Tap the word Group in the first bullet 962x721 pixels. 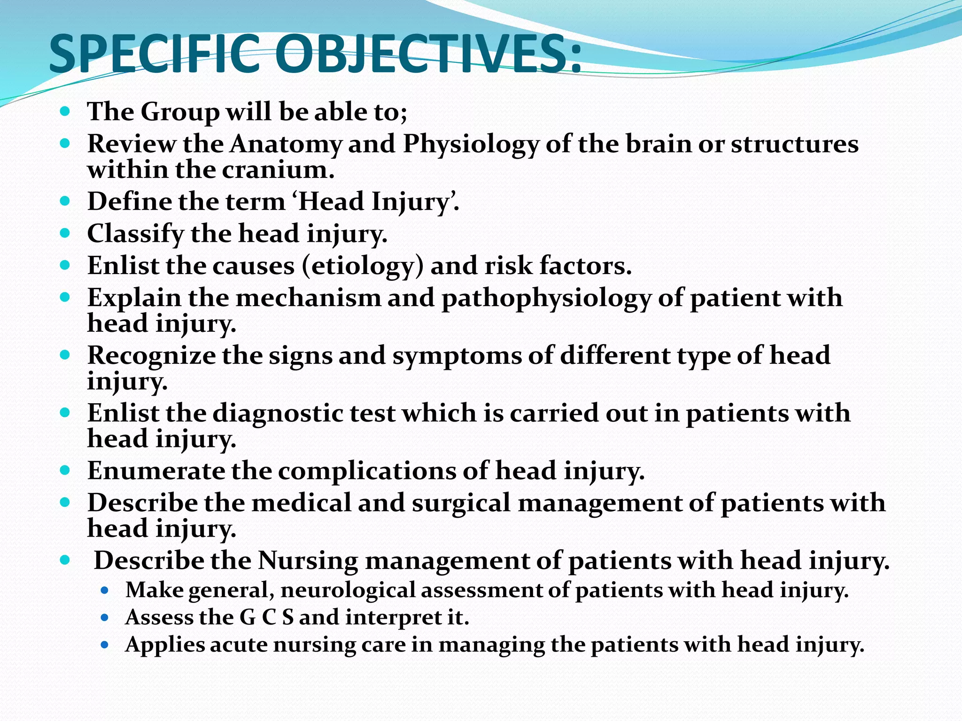(x=180, y=112)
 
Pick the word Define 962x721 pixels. (x=129, y=202)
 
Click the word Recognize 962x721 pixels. (x=151, y=356)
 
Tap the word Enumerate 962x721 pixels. (x=156, y=471)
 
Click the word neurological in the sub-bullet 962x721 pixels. (x=347, y=591)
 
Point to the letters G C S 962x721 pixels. (x=266, y=617)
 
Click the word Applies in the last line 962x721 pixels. (x=164, y=645)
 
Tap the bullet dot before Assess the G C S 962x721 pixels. (x=105, y=618)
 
